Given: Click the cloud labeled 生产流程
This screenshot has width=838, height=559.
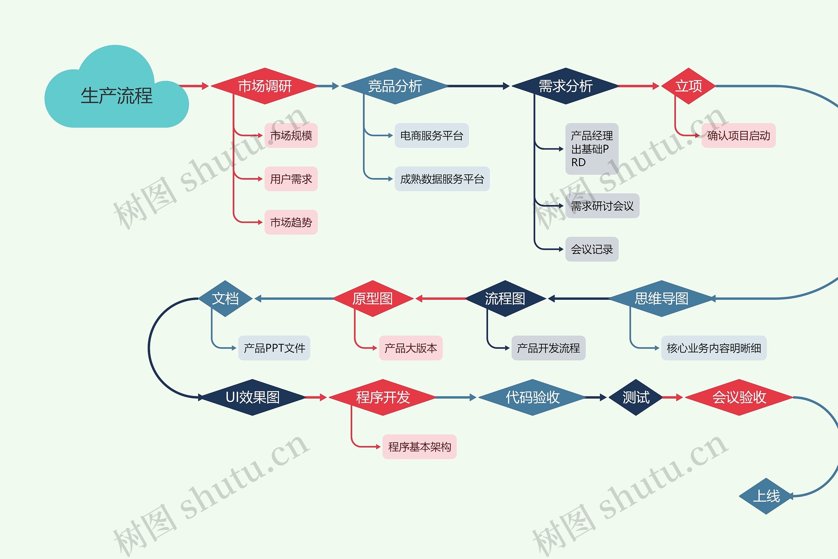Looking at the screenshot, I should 117,96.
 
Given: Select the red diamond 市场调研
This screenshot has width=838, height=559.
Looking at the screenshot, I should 264,86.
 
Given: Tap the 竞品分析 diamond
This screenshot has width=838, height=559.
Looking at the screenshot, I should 395,86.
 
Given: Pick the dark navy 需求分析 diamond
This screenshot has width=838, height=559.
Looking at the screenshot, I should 565,86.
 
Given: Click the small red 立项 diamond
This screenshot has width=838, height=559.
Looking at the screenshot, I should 688,86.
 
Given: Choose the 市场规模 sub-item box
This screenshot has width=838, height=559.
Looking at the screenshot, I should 291,135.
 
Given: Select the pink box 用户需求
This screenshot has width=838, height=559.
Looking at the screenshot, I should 291,179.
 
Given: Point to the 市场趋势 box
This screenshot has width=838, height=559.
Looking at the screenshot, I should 291,222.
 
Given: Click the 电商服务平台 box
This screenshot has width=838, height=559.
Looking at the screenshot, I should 431,135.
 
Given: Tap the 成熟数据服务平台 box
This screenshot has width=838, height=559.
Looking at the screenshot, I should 442,179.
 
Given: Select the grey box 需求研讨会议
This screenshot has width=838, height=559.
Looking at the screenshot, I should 602,206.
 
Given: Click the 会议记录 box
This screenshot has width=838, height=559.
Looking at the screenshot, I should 592,249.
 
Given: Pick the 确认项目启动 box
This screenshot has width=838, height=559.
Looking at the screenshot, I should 738,135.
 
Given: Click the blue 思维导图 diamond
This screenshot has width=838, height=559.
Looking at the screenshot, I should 662,298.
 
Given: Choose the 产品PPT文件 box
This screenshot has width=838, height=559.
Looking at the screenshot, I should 274,348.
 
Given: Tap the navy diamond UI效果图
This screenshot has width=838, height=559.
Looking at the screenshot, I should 252,397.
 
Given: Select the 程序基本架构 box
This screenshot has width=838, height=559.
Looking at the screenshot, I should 419,447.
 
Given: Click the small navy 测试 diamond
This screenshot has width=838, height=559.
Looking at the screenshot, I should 635,397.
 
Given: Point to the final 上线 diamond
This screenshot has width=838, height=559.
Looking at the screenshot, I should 766,496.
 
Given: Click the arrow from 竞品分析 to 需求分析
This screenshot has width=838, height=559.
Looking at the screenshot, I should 478,86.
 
